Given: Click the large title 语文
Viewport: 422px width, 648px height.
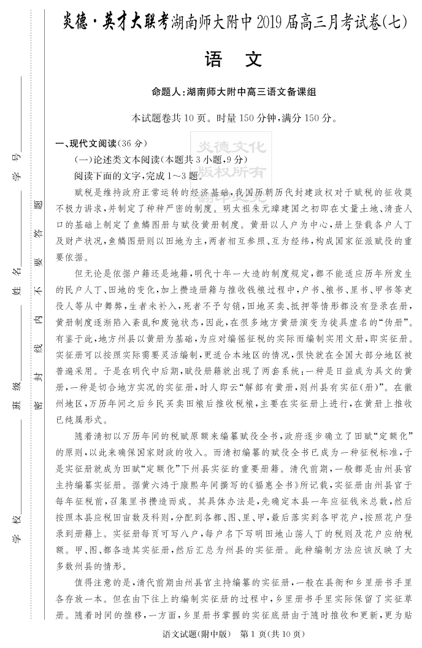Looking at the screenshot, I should (x=236, y=60).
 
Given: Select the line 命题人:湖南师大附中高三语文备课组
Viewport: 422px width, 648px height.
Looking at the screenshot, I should (x=236, y=92).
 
